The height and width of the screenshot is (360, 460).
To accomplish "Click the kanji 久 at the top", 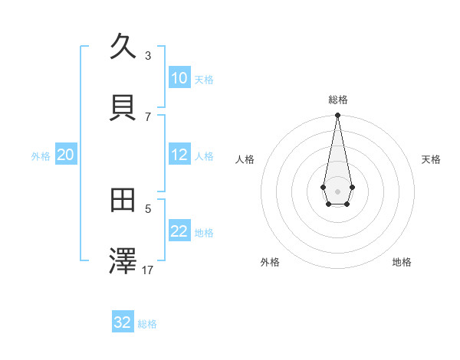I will pos(123,47).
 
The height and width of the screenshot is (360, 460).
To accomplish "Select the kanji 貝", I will pos(123,107).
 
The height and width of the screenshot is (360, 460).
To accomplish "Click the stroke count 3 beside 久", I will pos(148,55).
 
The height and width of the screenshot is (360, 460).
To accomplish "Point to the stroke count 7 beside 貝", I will pos(148,116).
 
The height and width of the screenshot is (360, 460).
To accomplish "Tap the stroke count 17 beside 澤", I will pos(148,270).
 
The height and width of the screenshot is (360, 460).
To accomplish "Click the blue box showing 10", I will pos(179,78).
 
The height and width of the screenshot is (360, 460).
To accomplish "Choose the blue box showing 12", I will pos(179,155).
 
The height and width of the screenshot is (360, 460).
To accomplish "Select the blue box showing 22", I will pos(179,231).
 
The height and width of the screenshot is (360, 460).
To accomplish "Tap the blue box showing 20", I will pos(66,155).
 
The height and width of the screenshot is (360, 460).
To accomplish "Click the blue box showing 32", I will pos(123,322).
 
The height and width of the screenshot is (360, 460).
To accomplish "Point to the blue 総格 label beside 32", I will pos(147,324).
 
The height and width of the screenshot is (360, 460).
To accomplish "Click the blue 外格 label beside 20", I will pos(41,156).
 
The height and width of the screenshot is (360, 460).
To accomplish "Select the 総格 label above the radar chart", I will pos(337,100).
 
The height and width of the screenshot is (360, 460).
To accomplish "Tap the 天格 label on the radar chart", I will pos(432,159).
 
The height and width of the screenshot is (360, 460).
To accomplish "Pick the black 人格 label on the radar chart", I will pos(245,159).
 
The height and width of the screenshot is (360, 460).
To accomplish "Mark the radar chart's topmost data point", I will pos(337,115).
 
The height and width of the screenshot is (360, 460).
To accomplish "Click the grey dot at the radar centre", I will pos(337,190).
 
